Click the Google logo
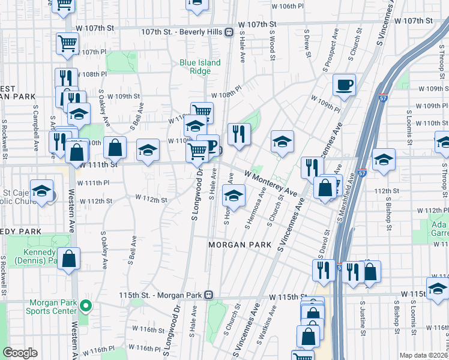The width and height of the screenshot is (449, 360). pyautogui.click(x=20, y=353)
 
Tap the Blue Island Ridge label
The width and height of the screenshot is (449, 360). pyautogui.click(x=200, y=67)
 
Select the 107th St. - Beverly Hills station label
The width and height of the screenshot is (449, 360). pyautogui.click(x=181, y=32)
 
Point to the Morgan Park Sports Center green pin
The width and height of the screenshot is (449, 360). pyautogui.click(x=86, y=305)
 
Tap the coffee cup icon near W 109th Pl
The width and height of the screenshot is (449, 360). pyautogui.click(x=344, y=85)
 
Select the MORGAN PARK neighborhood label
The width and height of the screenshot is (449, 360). pyautogui.click(x=237, y=245)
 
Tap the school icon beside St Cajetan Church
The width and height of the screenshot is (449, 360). pyautogui.click(x=41, y=191)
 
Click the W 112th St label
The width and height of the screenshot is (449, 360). pyautogui.click(x=151, y=198)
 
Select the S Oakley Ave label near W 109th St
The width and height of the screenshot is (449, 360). pyautogui.click(x=105, y=108)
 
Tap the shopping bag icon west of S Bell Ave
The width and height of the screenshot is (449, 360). pyautogui.click(x=115, y=148)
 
